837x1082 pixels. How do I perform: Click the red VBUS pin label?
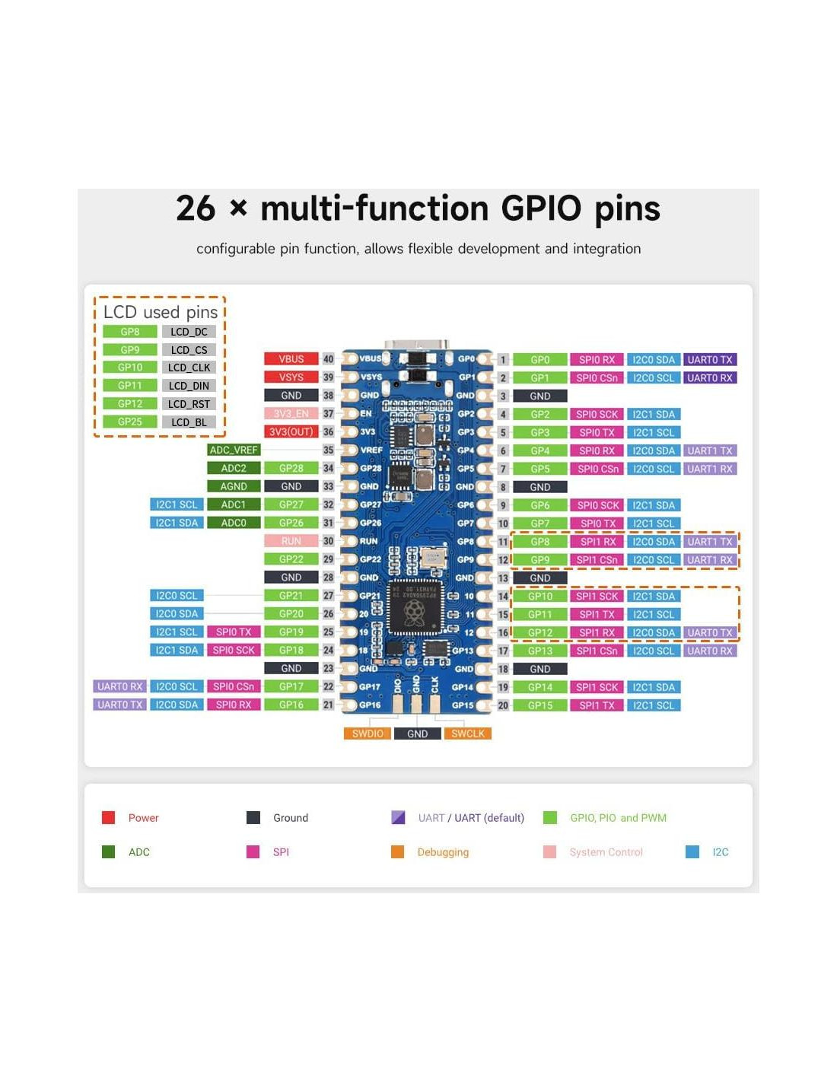click(291, 359)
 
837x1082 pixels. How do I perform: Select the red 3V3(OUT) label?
click(291, 431)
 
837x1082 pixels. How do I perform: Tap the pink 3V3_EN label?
click(291, 413)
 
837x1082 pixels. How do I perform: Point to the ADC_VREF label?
click(234, 450)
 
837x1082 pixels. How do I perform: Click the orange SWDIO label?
click(368, 734)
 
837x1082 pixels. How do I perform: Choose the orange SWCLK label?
click(468, 734)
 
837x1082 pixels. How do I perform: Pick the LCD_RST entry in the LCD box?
click(189, 404)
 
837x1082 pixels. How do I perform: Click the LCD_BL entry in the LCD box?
click(189, 422)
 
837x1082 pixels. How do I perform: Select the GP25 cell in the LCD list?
click(130, 422)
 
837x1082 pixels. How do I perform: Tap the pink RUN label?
click(291, 541)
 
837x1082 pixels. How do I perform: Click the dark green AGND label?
click(234, 486)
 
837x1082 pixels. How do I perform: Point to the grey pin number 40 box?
click(328, 359)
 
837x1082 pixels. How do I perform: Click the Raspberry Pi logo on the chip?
click(414, 610)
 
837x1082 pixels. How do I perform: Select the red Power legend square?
click(108, 817)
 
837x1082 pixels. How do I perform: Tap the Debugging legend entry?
click(442, 852)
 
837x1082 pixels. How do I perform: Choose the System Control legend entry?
click(606, 852)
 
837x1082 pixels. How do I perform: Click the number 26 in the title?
click(196, 208)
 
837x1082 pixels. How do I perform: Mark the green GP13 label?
click(539, 651)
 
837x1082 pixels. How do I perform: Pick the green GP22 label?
click(291, 559)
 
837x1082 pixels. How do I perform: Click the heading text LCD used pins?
click(161, 312)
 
